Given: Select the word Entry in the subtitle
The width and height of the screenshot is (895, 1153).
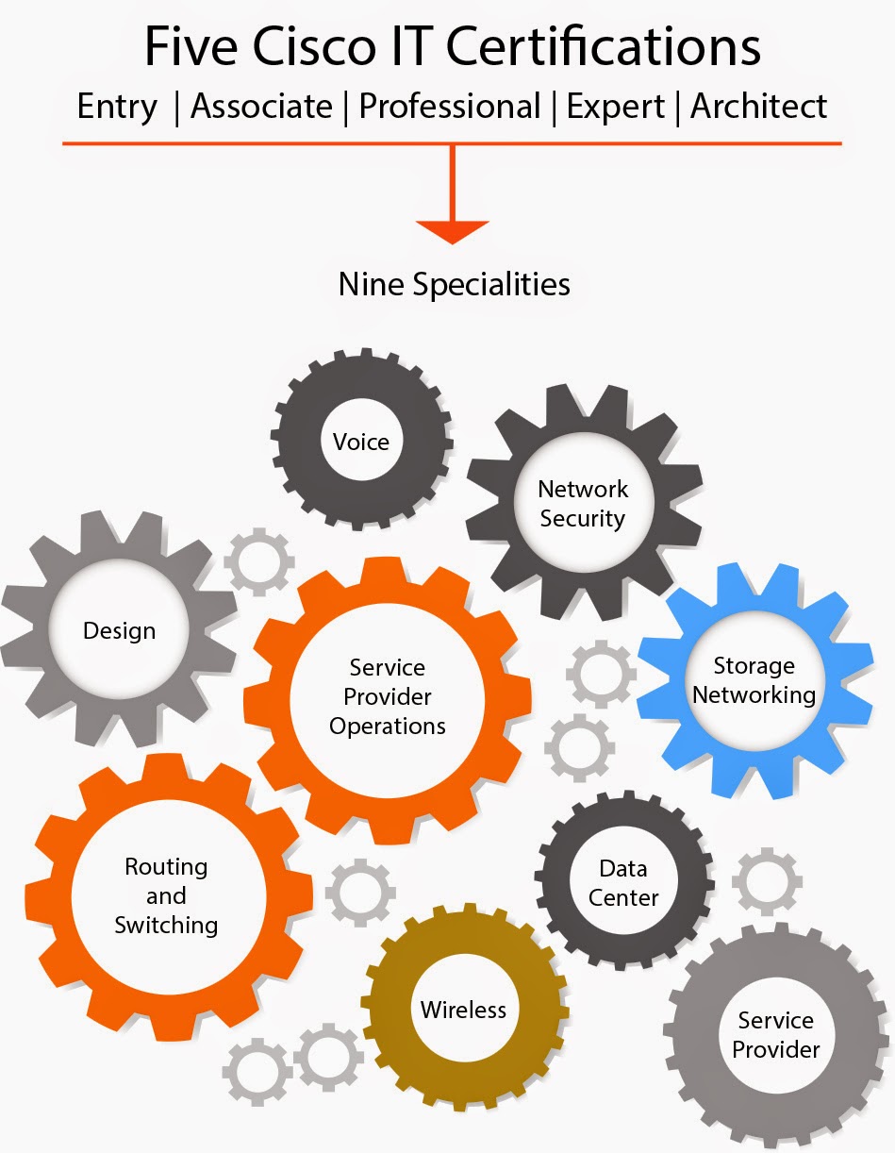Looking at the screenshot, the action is (x=117, y=106).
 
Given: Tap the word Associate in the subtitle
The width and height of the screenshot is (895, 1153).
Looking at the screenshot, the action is (x=261, y=106).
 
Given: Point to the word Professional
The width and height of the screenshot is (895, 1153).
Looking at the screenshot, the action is (x=450, y=106).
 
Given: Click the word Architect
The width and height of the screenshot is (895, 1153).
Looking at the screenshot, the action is (x=758, y=106).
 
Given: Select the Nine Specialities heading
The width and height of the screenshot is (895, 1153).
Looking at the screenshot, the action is (x=454, y=283).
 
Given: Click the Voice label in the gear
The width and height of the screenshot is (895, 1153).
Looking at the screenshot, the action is (x=361, y=442).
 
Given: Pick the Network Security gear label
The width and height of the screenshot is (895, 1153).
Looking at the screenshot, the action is (x=583, y=503).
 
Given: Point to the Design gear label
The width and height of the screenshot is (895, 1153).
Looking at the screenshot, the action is (x=119, y=630).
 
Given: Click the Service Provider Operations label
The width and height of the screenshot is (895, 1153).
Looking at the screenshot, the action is (x=387, y=696).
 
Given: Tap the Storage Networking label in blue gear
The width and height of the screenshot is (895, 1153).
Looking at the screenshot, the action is (x=754, y=680).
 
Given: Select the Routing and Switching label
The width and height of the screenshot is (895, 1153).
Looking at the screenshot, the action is (x=166, y=895).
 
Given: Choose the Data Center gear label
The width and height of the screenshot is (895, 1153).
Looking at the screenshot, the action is (x=623, y=883).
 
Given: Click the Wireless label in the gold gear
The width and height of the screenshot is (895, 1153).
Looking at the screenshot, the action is (x=463, y=1010).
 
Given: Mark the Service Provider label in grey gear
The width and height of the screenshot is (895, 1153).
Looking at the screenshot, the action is (x=776, y=1034).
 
